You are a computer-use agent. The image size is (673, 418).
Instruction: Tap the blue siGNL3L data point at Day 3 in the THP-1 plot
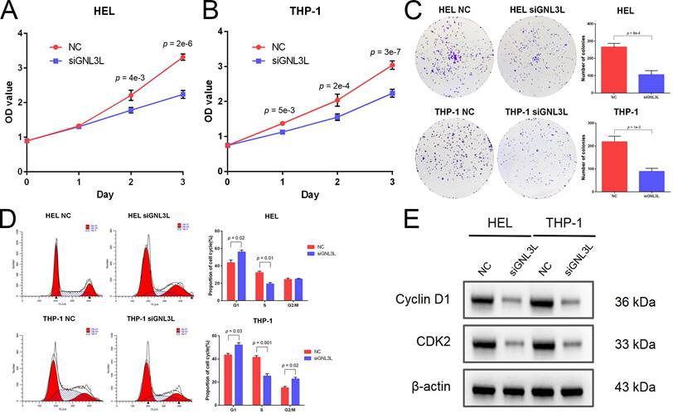(391, 93)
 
